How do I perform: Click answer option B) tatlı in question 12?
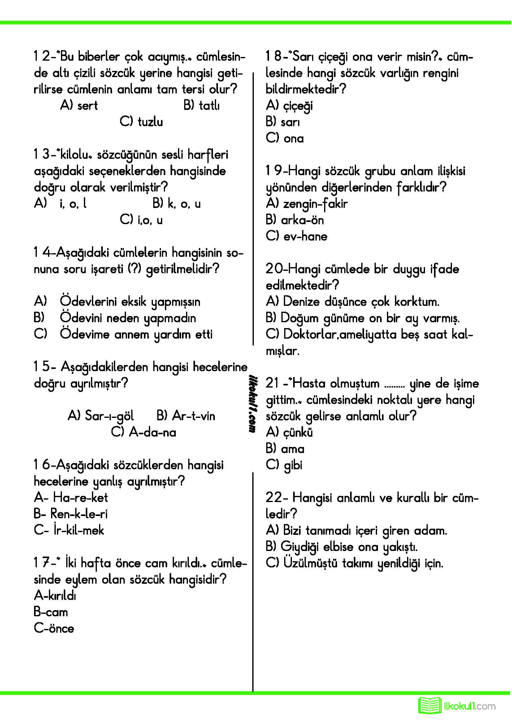point(202,105)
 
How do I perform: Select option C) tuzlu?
point(141,122)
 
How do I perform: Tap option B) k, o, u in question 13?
point(176,204)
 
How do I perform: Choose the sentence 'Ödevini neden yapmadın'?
point(128,318)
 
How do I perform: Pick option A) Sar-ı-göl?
point(101,416)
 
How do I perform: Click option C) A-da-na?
point(143,432)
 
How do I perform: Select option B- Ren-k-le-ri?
point(71,514)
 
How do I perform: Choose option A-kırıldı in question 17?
point(55,596)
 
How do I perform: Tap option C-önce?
point(54,628)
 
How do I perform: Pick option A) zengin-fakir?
point(306,204)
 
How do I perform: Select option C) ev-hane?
point(296,236)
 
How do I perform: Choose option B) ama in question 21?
point(285,449)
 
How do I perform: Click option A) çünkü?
point(289,432)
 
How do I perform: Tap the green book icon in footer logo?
point(430,705)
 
